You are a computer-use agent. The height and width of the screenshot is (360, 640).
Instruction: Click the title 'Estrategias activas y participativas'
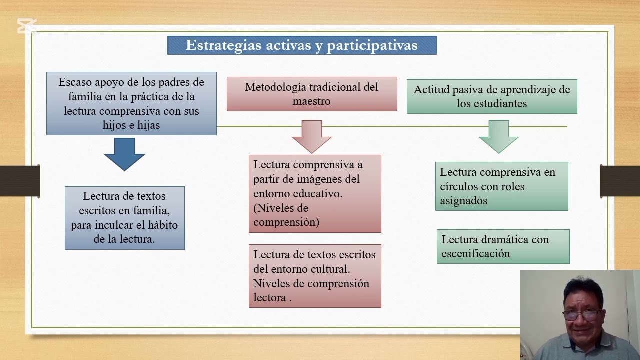[x=302, y=45]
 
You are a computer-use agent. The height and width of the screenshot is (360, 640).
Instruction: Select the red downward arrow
[x=312, y=136]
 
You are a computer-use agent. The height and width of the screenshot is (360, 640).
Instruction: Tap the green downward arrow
[x=498, y=136]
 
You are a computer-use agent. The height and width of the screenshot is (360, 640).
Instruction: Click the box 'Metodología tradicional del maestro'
[x=312, y=94]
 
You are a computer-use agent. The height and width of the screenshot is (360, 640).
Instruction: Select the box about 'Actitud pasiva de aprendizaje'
[x=492, y=97]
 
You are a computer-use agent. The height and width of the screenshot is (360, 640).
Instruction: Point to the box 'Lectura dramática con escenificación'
[x=503, y=246]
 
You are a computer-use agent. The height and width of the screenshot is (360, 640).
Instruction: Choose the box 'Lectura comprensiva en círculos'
[x=501, y=186]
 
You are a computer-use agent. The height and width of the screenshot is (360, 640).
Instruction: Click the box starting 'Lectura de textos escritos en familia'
[x=125, y=218]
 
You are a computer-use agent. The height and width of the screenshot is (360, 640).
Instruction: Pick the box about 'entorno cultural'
[x=315, y=276]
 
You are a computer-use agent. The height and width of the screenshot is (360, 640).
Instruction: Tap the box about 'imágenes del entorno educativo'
[x=315, y=194]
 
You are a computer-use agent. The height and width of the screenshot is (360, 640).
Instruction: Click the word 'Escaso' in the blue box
[x=75, y=82]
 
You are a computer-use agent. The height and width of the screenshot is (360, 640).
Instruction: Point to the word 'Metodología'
[x=275, y=87]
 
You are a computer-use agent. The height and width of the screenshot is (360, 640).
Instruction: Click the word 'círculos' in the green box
[x=458, y=187]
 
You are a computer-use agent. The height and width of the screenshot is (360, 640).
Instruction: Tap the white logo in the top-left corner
[x=27, y=26]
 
